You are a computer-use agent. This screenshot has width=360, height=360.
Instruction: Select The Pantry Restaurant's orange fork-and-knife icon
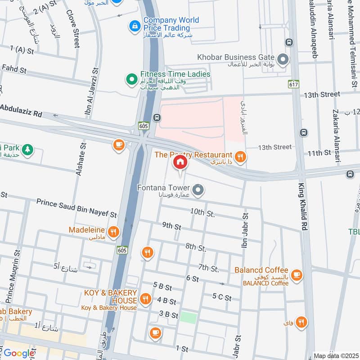coord(241,156)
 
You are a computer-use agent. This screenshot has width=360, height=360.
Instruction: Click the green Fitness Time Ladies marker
coord(131,79)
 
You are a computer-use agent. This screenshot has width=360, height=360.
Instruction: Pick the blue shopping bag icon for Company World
coord(134,27)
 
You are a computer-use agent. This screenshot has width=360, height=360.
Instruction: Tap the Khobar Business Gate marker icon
coord(283,59)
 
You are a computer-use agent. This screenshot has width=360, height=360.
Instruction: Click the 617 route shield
coord(295,85)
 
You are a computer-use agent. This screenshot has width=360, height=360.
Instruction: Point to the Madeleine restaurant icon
coord(113,232)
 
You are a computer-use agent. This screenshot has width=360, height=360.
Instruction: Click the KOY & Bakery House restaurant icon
coord(145,298)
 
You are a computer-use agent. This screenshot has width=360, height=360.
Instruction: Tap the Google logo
coord(19,353)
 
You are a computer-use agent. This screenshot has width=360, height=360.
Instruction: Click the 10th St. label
coord(202,212)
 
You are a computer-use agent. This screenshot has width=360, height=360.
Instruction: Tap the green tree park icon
coord(28,149)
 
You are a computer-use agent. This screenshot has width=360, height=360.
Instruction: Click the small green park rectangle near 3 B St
coord(189,317)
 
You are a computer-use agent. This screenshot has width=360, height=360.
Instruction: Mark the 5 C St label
coord(222,297)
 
